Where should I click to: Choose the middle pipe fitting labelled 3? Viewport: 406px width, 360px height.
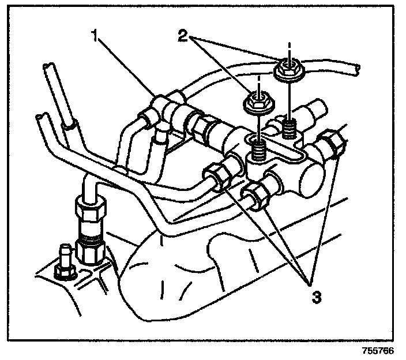tap(255, 195)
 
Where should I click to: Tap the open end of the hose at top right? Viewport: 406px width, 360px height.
tap(359, 69)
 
